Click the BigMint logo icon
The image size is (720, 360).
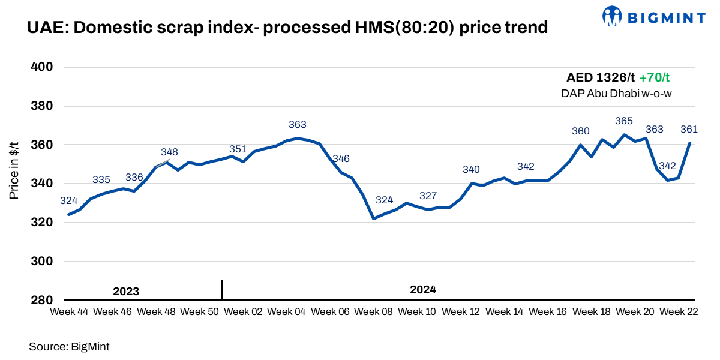(x=611, y=16)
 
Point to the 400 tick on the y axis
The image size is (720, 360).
(x=43, y=67)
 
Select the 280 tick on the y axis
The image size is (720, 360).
(x=43, y=300)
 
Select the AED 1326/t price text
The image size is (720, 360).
(x=600, y=78)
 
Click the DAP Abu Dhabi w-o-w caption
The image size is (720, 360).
(x=616, y=93)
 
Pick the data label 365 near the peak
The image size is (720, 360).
(x=624, y=121)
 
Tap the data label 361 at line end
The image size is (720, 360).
(x=689, y=129)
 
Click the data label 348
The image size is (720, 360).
(x=169, y=152)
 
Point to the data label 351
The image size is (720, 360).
(x=238, y=149)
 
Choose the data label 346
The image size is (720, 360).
(x=341, y=159)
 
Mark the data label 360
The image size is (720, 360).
(x=581, y=131)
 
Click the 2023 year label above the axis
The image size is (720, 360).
(x=126, y=292)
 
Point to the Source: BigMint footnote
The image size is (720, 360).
(x=69, y=346)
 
